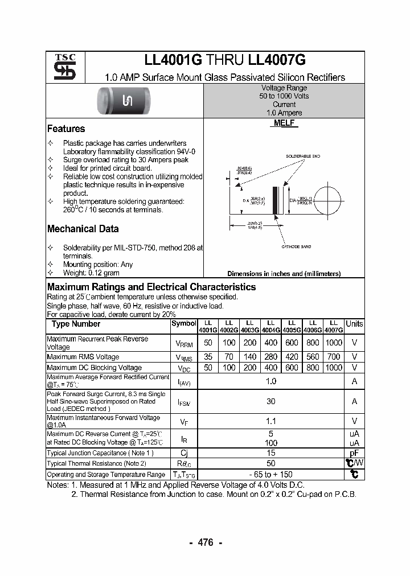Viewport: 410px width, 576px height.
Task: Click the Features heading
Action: click(66, 129)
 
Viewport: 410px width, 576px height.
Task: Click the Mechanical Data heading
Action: click(83, 229)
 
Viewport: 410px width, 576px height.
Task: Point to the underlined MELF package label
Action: click(284, 124)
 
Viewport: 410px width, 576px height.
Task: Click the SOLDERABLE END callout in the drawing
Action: click(303, 156)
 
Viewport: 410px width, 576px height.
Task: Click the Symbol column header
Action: click(183, 324)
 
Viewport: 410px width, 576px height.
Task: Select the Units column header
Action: click(354, 324)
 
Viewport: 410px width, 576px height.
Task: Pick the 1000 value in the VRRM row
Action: click(334, 343)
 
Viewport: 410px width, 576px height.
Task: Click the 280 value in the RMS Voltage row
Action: click(271, 357)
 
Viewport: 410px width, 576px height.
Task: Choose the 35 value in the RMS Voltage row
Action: click(208, 357)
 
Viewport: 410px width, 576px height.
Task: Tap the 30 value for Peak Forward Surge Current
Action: click(271, 401)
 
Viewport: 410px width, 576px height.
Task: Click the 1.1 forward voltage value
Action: click(271, 421)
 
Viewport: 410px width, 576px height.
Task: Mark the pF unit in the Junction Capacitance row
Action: click(354, 453)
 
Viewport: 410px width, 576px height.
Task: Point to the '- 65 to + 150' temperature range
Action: click(271, 474)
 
